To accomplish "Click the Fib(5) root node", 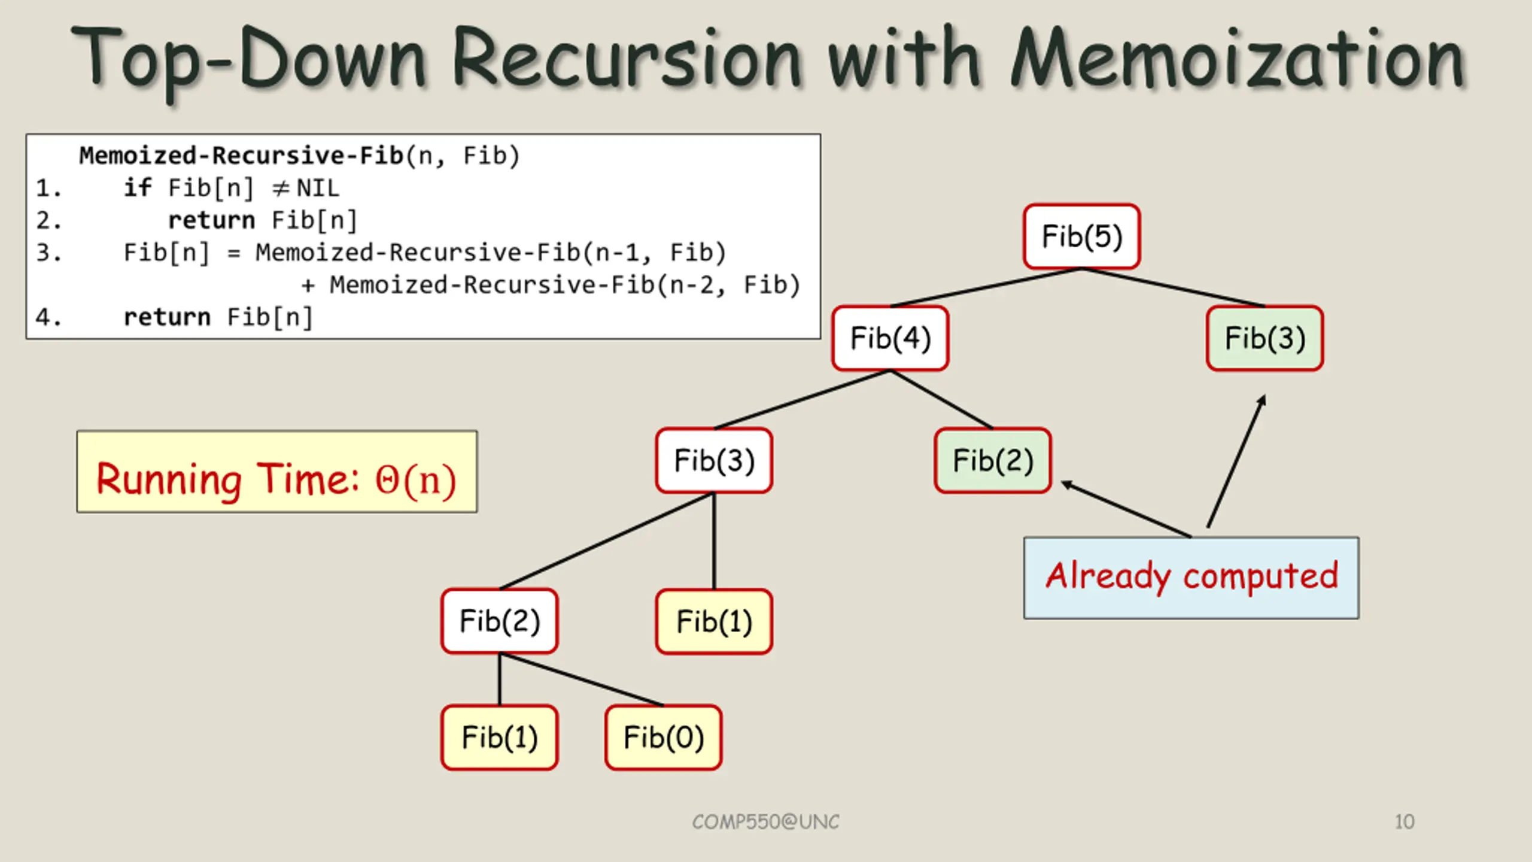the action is [1081, 236].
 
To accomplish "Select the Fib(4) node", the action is [890, 338].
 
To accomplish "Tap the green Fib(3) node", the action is [1264, 338].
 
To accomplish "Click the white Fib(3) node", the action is [714, 460].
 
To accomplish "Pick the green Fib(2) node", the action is [993, 460].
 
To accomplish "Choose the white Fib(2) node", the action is [500, 621].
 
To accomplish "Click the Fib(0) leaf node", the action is [664, 737].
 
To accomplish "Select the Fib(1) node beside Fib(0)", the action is [500, 737].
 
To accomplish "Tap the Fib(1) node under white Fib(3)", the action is [714, 621].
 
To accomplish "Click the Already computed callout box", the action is [1191, 578].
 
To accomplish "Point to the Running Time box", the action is [277, 472].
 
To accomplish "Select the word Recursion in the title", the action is [627, 59].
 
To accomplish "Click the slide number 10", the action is [1405, 822].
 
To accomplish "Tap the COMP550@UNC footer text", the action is [766, 822].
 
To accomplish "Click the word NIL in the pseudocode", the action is [318, 189].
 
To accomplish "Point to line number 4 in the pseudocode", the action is [48, 317].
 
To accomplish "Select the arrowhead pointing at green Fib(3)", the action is [1261, 400].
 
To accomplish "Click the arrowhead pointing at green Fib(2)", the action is [1067, 484].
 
